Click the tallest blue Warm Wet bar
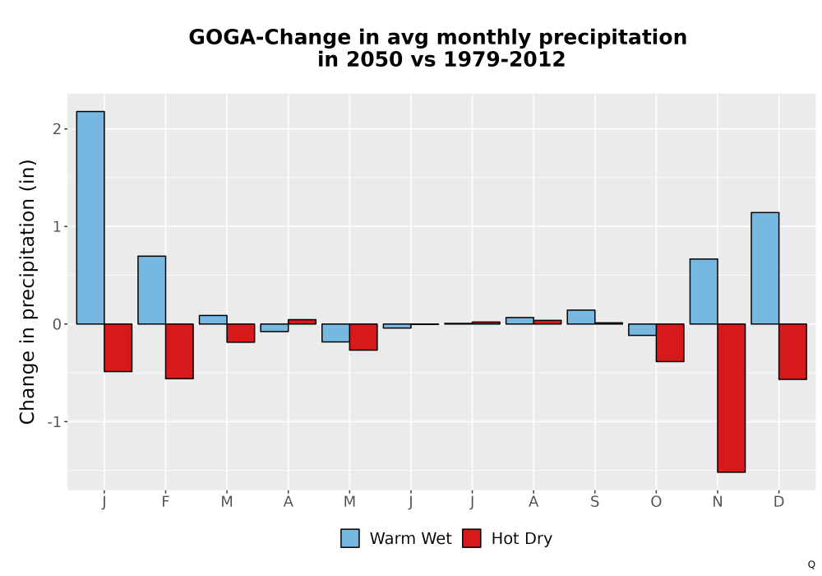point(90,218)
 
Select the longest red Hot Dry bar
point(732,398)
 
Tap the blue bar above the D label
point(764,268)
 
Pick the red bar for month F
point(179,351)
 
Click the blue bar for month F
point(151,290)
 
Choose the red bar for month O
point(670,342)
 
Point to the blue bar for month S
point(581,317)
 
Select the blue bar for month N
point(704,291)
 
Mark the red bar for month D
point(792,351)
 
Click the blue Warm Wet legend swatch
point(350,538)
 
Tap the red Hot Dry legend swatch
point(472,538)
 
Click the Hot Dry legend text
point(522,539)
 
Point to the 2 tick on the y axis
point(58,129)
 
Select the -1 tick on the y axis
point(54,422)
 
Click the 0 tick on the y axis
point(58,324)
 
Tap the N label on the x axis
point(717,502)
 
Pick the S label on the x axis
point(594,502)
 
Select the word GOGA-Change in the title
point(270,38)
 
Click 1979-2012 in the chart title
point(505,59)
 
